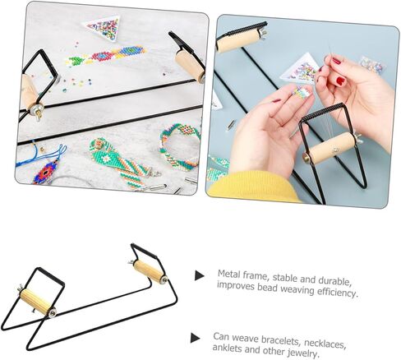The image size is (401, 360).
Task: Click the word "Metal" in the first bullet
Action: [228, 275]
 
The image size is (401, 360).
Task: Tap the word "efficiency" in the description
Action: [338, 292]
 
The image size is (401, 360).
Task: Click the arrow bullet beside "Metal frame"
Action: [199, 275]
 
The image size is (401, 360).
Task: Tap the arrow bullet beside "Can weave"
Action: [195, 338]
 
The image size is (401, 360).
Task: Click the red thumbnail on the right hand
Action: [341, 81]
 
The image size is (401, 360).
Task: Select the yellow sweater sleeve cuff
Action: [253, 187]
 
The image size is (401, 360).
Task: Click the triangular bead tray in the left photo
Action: [104, 27]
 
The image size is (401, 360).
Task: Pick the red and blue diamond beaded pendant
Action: [45, 171]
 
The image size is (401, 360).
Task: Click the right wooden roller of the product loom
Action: [148, 271]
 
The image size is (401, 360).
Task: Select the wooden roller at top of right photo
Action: [237, 41]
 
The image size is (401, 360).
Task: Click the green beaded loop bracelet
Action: [179, 146]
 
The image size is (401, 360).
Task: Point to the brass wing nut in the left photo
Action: [38, 112]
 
